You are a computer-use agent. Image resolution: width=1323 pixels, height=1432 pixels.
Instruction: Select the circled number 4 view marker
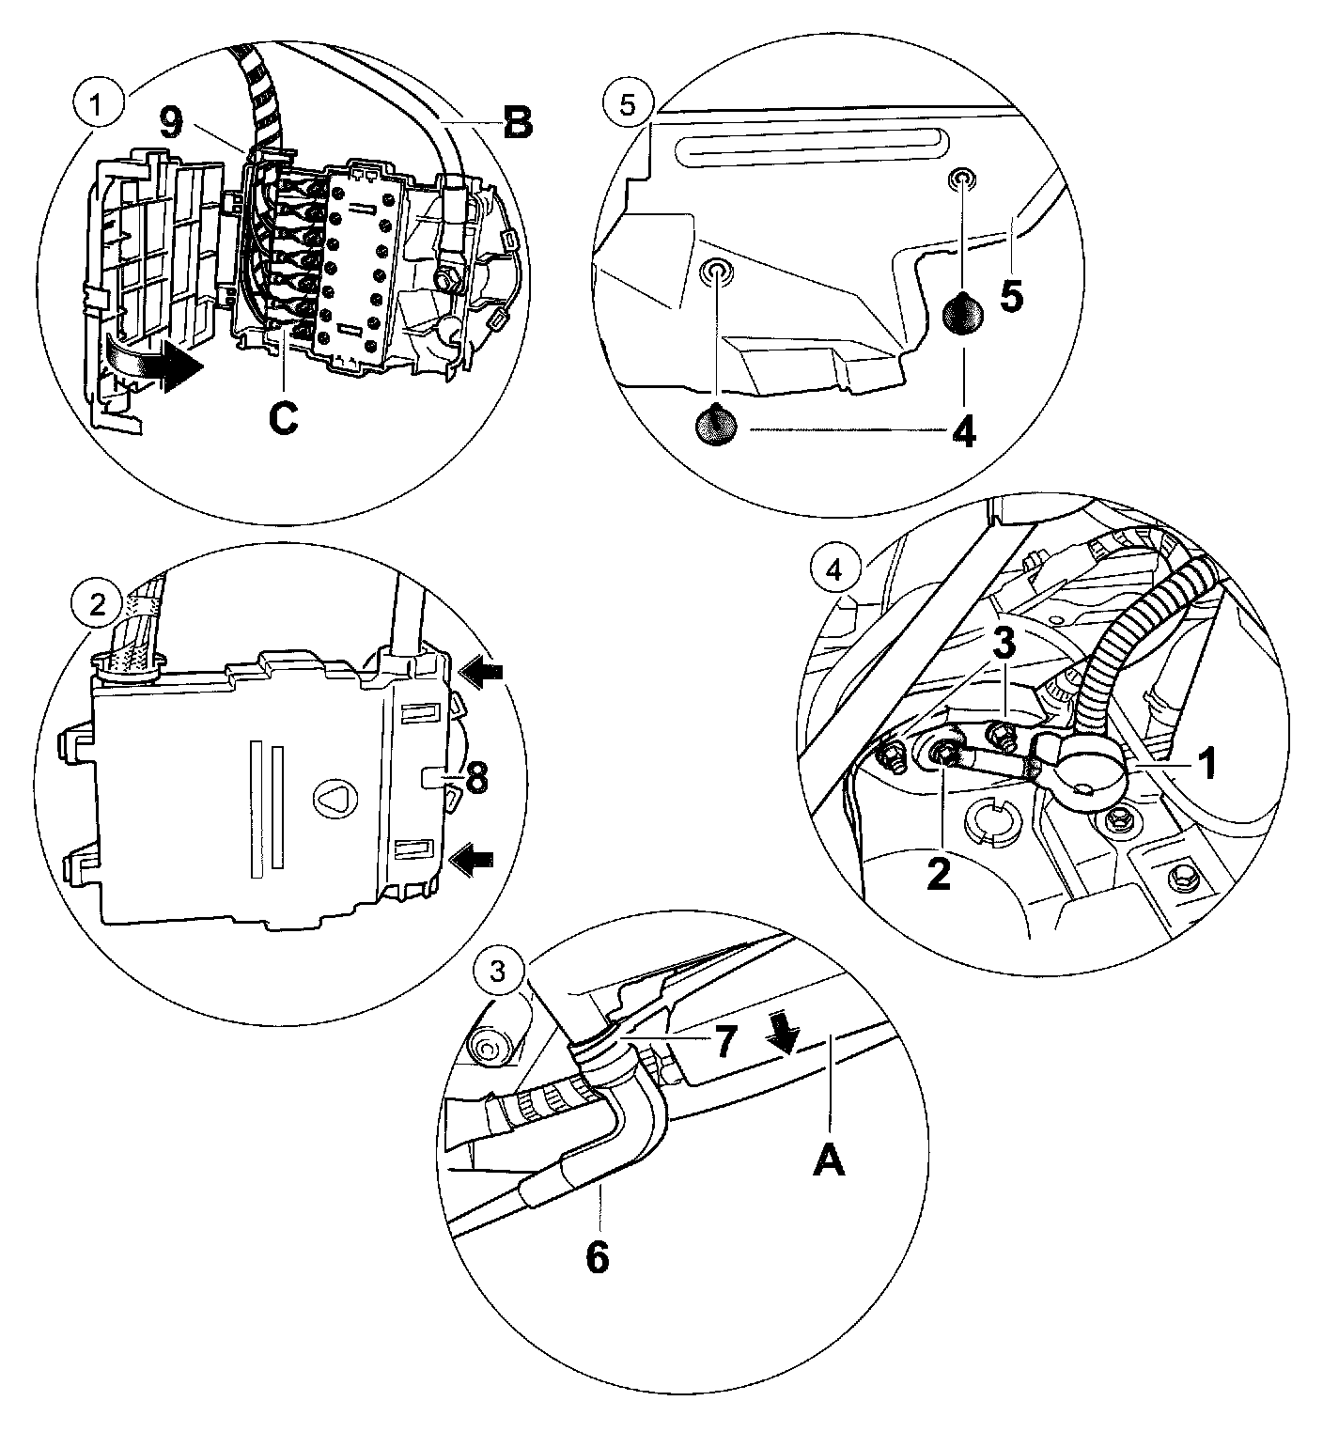(830, 568)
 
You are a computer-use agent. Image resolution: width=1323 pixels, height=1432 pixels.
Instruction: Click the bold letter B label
(516, 123)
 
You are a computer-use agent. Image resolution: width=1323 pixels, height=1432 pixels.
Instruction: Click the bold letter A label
(828, 1161)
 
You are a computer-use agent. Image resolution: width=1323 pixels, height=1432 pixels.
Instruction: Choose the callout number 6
(597, 1256)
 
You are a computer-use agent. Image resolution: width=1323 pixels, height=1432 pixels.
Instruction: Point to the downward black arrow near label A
(783, 1035)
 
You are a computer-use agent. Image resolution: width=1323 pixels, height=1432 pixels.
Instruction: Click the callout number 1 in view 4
(1206, 763)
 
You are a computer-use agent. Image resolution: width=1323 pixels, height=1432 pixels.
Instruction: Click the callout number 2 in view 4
(938, 873)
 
